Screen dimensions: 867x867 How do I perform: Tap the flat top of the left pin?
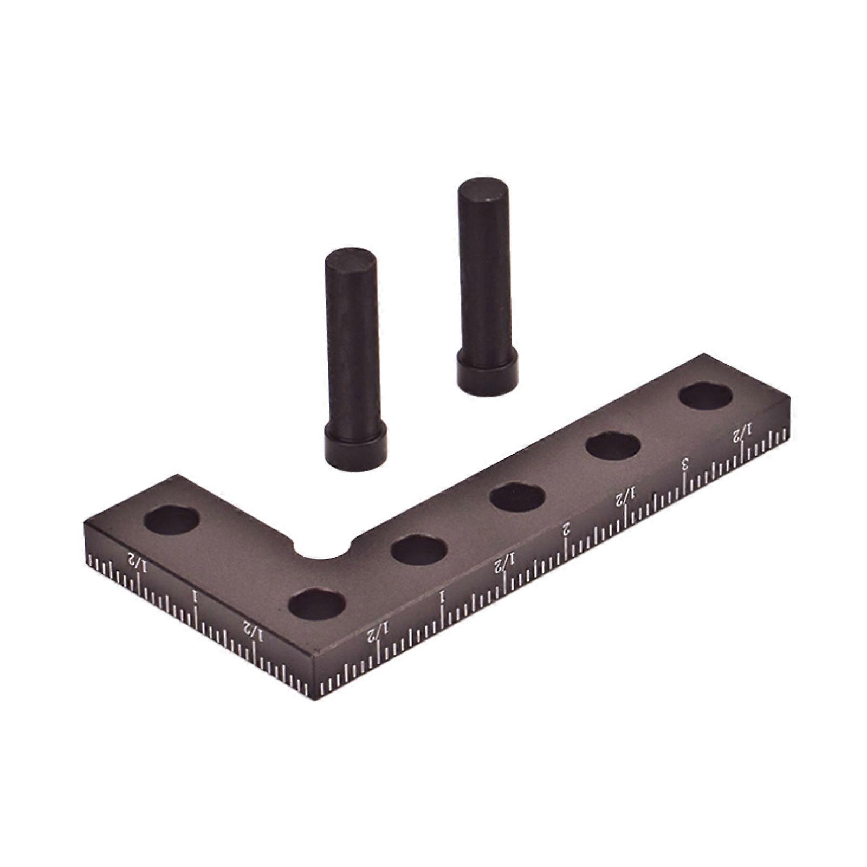pos(351,260)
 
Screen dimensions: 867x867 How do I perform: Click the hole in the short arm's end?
pos(172,520)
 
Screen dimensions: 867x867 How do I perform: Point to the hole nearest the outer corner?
pos(317,604)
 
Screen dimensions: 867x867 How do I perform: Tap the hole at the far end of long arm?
pos(706,396)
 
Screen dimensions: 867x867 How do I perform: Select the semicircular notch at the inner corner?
pos(323,551)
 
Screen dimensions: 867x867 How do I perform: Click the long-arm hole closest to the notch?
pos(418,550)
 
